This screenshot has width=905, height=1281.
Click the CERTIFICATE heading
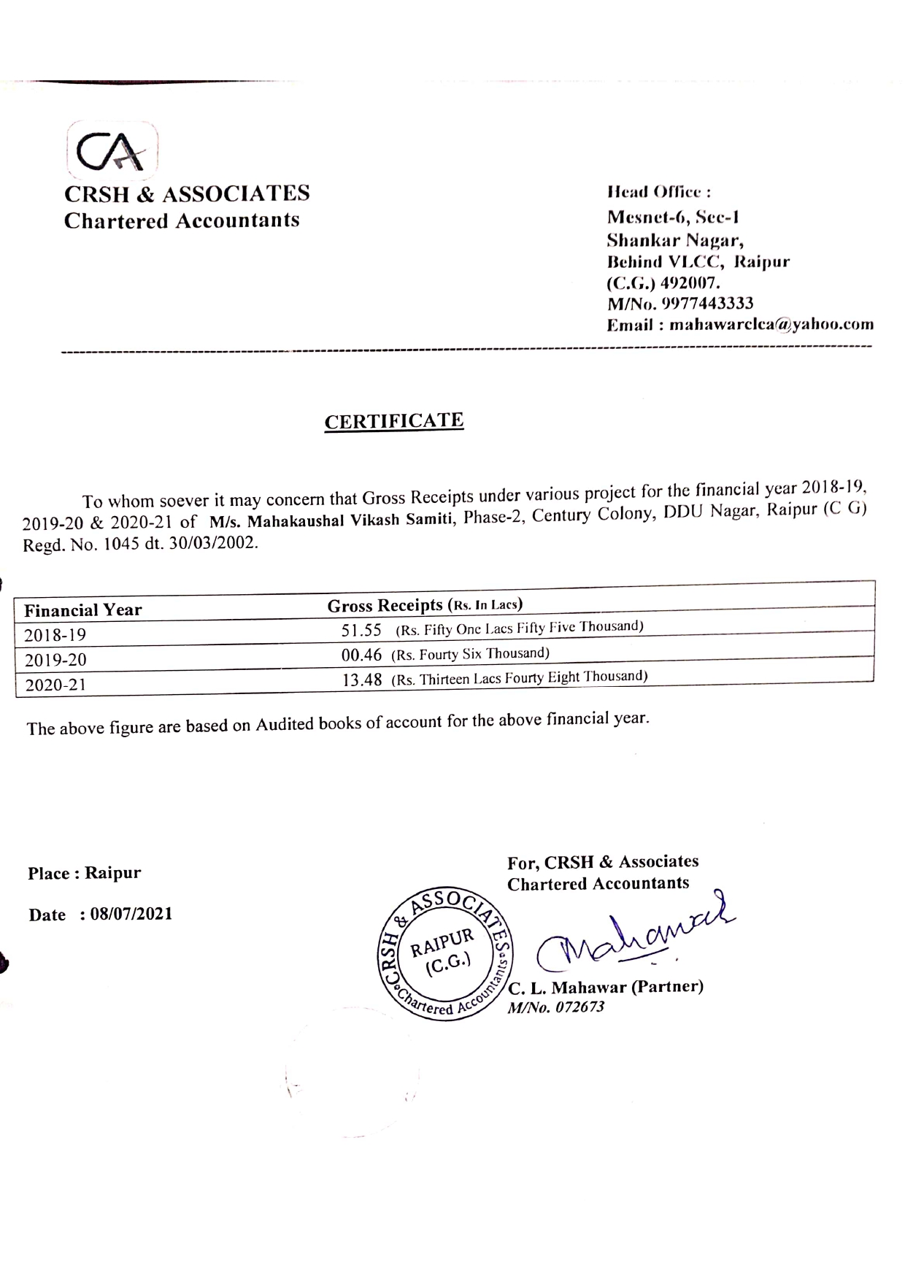coord(394,421)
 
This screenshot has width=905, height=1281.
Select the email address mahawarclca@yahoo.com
coord(771,324)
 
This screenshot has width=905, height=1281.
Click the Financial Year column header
coord(83,610)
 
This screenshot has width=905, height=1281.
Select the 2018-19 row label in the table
coord(55,635)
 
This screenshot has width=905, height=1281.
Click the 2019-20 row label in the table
coord(55,660)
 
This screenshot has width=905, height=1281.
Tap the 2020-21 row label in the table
coord(55,685)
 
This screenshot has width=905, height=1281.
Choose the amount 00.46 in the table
coord(362,655)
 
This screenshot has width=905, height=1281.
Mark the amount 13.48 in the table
coord(363,680)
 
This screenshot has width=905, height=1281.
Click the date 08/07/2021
coord(131,914)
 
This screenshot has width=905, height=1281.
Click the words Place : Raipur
coord(85,873)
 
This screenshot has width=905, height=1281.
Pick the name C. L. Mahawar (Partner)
coord(606,988)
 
